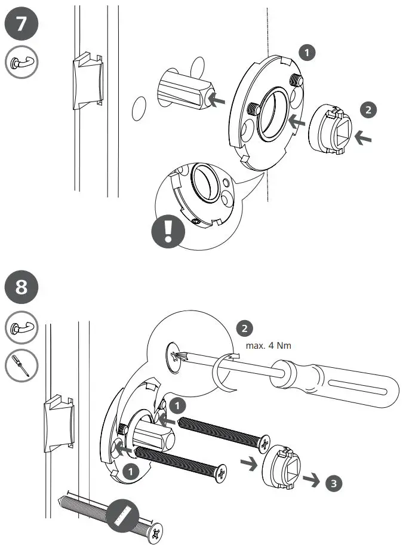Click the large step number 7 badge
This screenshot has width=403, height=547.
[x=21, y=26]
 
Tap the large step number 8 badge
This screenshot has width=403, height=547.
[x=21, y=287]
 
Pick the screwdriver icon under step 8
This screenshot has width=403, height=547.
[x=21, y=364]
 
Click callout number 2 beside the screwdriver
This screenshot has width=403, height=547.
[x=244, y=328]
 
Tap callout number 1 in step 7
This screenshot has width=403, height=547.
[x=307, y=53]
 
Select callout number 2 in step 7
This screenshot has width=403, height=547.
[x=368, y=109]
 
